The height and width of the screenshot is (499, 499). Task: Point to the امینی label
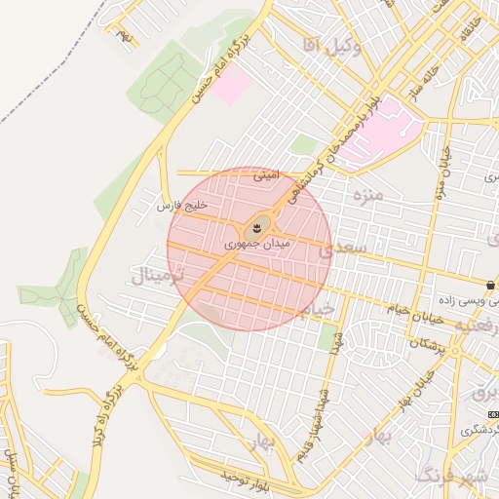[267, 177]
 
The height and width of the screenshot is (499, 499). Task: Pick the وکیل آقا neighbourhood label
[326, 45]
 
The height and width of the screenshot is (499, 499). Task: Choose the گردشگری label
[479, 429]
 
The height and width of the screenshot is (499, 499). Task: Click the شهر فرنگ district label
[450, 476]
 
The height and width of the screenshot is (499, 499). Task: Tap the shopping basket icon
[491, 286]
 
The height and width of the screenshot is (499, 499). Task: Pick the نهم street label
[124, 35]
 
